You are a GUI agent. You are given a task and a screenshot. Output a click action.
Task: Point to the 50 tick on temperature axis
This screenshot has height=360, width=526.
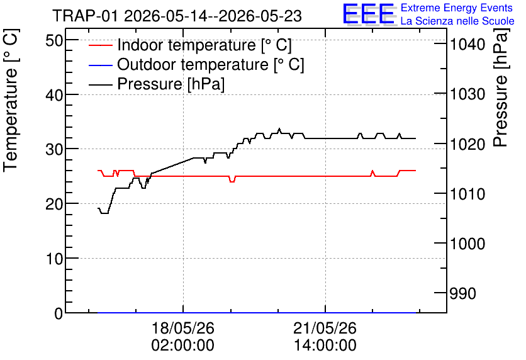54,41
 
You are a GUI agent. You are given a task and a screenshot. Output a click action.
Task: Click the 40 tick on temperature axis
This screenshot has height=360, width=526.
54,95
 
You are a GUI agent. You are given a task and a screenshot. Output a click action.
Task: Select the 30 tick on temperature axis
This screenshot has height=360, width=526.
54,150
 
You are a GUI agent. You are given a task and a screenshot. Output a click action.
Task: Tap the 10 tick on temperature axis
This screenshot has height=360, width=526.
54,259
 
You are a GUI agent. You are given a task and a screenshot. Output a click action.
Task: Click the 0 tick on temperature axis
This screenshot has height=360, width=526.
59,313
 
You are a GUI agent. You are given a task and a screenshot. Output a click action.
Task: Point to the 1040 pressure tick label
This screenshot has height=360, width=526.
467,44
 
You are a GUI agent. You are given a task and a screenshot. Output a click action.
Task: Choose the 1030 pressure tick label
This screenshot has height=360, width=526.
467,94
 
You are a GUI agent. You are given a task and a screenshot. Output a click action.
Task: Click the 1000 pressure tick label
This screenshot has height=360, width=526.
467,244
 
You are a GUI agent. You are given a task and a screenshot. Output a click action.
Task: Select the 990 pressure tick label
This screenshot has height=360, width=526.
463,293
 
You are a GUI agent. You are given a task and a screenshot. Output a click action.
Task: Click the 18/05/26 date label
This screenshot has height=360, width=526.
183,328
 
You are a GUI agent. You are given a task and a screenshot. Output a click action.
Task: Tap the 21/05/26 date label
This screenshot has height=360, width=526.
325,328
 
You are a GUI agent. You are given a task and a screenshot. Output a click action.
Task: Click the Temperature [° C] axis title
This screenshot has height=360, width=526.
11,101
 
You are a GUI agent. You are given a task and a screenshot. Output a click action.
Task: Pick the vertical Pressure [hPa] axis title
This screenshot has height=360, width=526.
500,87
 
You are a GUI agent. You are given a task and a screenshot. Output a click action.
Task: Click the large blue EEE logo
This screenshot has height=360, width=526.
369,14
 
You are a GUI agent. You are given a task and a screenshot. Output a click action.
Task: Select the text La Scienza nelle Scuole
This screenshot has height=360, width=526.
457,21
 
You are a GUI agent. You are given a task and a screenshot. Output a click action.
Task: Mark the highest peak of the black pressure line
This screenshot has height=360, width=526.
279,128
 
